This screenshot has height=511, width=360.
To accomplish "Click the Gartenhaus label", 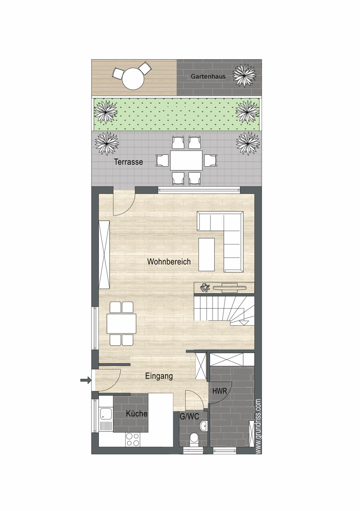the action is (x=208, y=76).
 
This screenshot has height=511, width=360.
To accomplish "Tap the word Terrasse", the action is (x=128, y=162).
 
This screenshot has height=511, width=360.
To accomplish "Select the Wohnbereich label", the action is (x=169, y=261).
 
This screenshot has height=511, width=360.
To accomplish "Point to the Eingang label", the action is (x=159, y=376).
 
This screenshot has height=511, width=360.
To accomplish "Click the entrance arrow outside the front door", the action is (x=86, y=380).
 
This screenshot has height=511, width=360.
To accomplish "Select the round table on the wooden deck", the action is (x=133, y=79).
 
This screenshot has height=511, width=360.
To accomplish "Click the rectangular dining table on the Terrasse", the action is (x=186, y=160).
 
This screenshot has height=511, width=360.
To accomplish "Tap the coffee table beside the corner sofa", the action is (x=207, y=254).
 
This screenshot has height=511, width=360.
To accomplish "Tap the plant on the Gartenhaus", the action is (x=244, y=75).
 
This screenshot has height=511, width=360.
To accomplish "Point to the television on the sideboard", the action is (x=230, y=288).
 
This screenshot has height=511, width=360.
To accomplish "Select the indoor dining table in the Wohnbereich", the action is (x=121, y=323).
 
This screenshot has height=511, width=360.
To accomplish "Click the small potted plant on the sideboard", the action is (x=205, y=287).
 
